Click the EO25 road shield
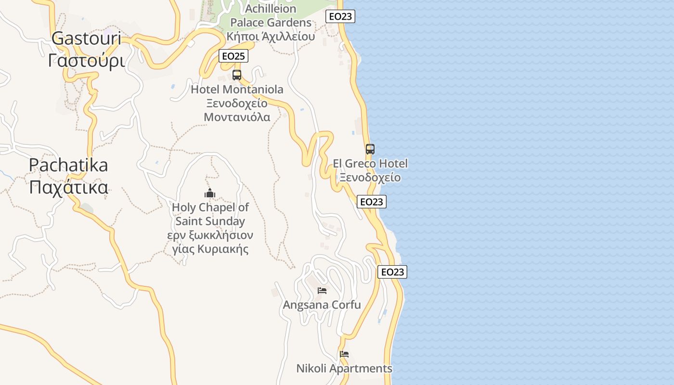coord(233,56)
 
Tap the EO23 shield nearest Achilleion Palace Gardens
coord(340,16)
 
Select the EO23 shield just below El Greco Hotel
coord(372,202)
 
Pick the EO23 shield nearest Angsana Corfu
coord(392,272)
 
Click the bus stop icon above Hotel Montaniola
coord(237,75)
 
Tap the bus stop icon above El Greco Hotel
coord(370,149)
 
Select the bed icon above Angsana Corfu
coord(322,291)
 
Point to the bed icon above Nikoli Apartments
coord(344,354)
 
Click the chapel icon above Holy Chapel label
coord(210,193)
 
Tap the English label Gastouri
coord(86,38)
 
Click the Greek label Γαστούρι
coord(86,61)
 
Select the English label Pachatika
coord(68,165)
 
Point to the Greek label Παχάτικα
coord(68,187)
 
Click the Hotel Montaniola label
coord(237,90)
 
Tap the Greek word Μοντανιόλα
coord(237,117)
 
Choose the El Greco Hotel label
coord(370,164)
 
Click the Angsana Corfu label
coord(322,305)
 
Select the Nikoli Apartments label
coord(344,369)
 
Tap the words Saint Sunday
coord(210,221)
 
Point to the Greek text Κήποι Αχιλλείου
coord(271,37)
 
